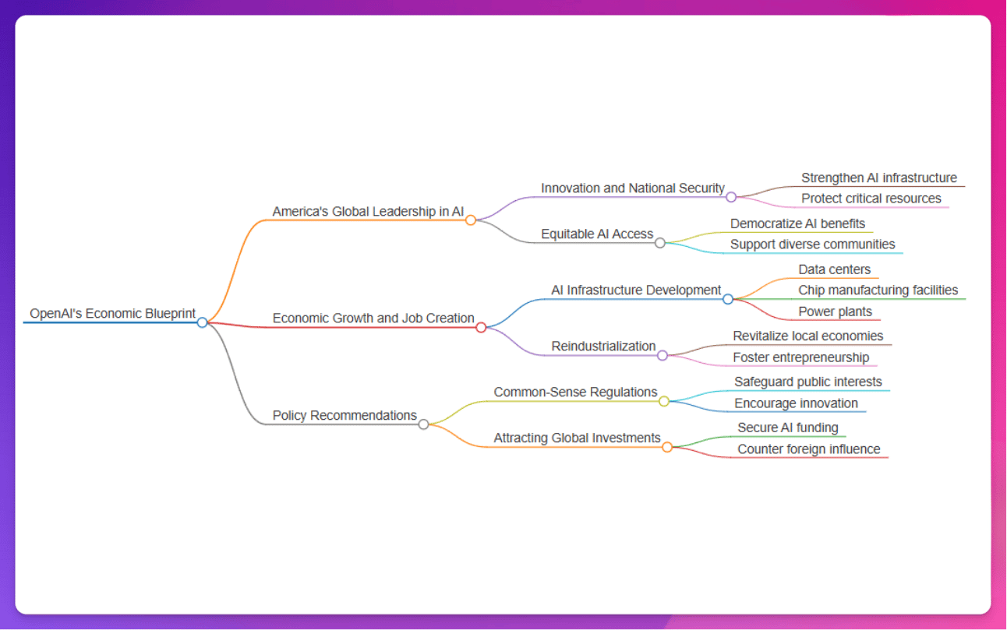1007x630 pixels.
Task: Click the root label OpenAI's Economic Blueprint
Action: pyautogui.click(x=112, y=314)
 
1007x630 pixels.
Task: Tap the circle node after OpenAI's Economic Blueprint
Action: pyautogui.click(x=202, y=322)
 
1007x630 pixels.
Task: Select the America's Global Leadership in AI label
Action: pyautogui.click(x=368, y=212)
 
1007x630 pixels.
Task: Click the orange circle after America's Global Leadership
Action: pyautogui.click(x=471, y=220)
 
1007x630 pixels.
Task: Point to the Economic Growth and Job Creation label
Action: pyautogui.click(x=373, y=319)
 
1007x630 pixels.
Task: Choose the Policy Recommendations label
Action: pyautogui.click(x=344, y=416)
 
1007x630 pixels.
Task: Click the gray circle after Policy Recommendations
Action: pyautogui.click(x=423, y=424)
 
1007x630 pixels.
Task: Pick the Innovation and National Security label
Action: pyautogui.click(x=633, y=188)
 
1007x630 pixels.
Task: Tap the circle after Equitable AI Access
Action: pyautogui.click(x=660, y=243)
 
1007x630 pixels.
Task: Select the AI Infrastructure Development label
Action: pyautogui.click(x=636, y=290)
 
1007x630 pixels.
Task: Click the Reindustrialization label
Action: pyautogui.click(x=603, y=347)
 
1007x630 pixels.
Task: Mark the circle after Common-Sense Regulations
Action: pyautogui.click(x=664, y=401)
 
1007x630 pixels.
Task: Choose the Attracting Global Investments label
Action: pyautogui.click(x=577, y=438)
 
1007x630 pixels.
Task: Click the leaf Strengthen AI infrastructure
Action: pyautogui.click(x=879, y=178)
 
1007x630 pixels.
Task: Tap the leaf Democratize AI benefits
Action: pyautogui.click(x=797, y=224)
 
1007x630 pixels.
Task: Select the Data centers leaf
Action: pyautogui.click(x=834, y=270)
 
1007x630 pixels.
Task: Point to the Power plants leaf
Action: pyautogui.click(x=835, y=312)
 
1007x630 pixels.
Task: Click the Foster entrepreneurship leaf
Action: pyautogui.click(x=800, y=358)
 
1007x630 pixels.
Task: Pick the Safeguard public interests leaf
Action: pyautogui.click(x=808, y=382)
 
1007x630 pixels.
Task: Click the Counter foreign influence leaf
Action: pyautogui.click(x=809, y=449)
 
